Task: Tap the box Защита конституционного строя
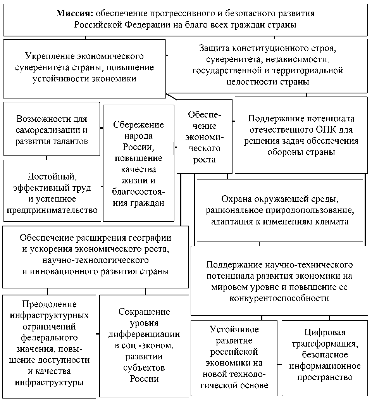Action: click(x=267, y=66)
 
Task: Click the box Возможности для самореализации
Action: click(x=52, y=129)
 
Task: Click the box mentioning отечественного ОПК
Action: click(x=301, y=135)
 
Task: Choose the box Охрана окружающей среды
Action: click(x=280, y=210)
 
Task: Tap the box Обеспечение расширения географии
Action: click(x=95, y=254)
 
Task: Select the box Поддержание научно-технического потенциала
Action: click(x=279, y=281)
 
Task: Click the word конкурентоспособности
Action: click(x=279, y=298)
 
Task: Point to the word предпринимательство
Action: click(x=52, y=210)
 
